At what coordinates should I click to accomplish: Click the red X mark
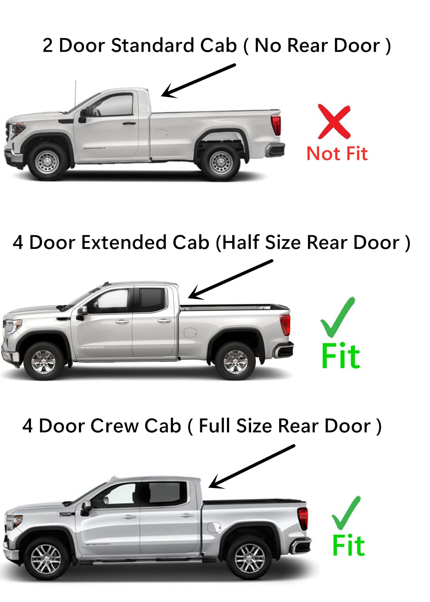coord(334,121)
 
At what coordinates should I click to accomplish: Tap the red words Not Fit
coord(337,154)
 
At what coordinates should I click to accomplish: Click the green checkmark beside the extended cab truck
coord(337,317)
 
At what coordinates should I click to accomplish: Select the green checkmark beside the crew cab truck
coord(346,513)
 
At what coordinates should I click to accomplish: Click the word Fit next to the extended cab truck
coord(341,356)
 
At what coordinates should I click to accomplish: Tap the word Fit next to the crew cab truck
coord(348,545)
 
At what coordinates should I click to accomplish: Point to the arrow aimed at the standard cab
coord(198,81)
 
